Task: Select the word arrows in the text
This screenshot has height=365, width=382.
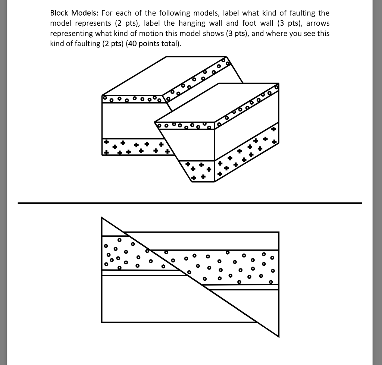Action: (318, 23)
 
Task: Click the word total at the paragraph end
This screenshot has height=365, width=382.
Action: (169, 44)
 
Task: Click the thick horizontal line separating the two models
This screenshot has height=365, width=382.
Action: (190, 203)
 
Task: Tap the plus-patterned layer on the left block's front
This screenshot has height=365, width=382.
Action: (134, 147)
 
